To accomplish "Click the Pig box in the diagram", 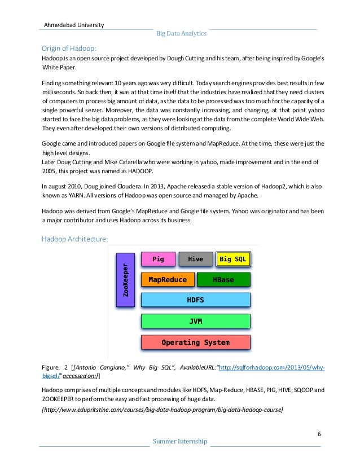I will coord(158,259).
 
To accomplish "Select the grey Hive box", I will coord(195,259).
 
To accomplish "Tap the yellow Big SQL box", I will coord(233,259).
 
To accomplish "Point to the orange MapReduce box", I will coord(167,279).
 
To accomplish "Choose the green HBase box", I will coord(223,279).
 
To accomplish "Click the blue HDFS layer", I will coord(195,300).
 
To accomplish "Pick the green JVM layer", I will coord(195,321).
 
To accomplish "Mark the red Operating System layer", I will coord(195,342).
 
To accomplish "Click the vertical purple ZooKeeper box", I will coord(125,280).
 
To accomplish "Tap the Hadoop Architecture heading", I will coord(74,239).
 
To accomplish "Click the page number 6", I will coord(319,433).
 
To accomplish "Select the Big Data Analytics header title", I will coord(181,34).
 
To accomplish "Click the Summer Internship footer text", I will coord(180,441).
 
